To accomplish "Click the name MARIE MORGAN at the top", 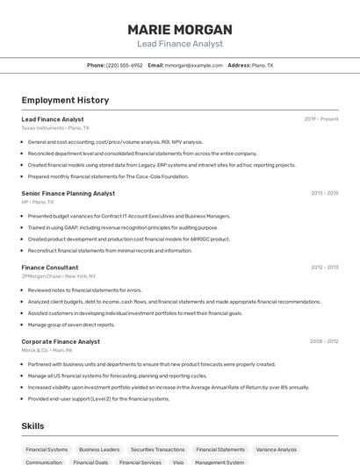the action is click(x=180, y=29).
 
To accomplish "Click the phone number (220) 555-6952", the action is click(x=124, y=65).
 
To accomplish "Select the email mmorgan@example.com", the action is click(x=194, y=65).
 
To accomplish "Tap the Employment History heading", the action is click(x=65, y=100).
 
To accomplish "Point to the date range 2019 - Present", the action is click(x=321, y=119).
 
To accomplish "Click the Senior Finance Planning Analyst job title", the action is click(x=68, y=193).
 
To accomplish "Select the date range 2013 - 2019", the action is click(x=324, y=193).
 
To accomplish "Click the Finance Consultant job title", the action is click(x=50, y=268).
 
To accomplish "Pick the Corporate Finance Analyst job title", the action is click(x=61, y=341).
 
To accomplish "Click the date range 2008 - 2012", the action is click(x=324, y=341).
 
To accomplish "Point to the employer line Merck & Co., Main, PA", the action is click(x=47, y=350).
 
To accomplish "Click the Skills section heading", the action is click(x=32, y=426).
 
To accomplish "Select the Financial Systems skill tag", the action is click(x=47, y=449).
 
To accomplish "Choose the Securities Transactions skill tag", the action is click(x=158, y=449).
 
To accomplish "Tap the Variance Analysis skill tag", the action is click(x=277, y=449).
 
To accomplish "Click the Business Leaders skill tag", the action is click(x=99, y=449).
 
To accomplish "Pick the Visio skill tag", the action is click(x=178, y=461).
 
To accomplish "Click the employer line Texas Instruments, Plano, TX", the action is click(x=55, y=128).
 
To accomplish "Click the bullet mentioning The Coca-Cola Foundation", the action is click(x=108, y=176).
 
